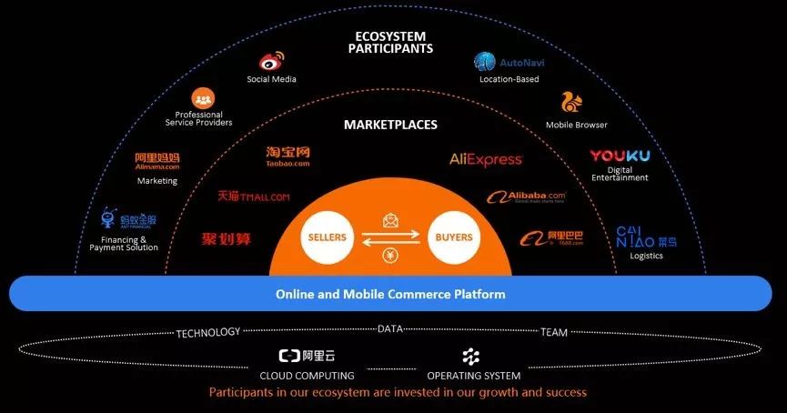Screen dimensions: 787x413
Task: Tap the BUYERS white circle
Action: (454, 237)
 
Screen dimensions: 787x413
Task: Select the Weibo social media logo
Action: (271, 62)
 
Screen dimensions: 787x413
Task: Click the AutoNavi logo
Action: (510, 63)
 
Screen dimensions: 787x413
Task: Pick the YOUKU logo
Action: (620, 156)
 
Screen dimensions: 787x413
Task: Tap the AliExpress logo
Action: (486, 159)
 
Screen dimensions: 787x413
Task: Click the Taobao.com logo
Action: (288, 157)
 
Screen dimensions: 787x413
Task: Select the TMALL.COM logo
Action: (254, 196)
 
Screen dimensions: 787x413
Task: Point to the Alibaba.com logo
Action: (526, 196)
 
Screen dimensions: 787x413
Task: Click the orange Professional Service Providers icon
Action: (202, 98)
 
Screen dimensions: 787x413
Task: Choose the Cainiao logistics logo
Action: (646, 237)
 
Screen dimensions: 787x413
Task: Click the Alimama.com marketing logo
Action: (157, 161)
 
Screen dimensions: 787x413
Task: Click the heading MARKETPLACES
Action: (390, 125)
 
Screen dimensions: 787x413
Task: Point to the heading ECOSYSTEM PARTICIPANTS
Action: (390, 42)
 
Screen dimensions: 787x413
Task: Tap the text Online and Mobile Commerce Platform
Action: (390, 294)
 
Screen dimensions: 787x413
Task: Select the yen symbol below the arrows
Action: (390, 257)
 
